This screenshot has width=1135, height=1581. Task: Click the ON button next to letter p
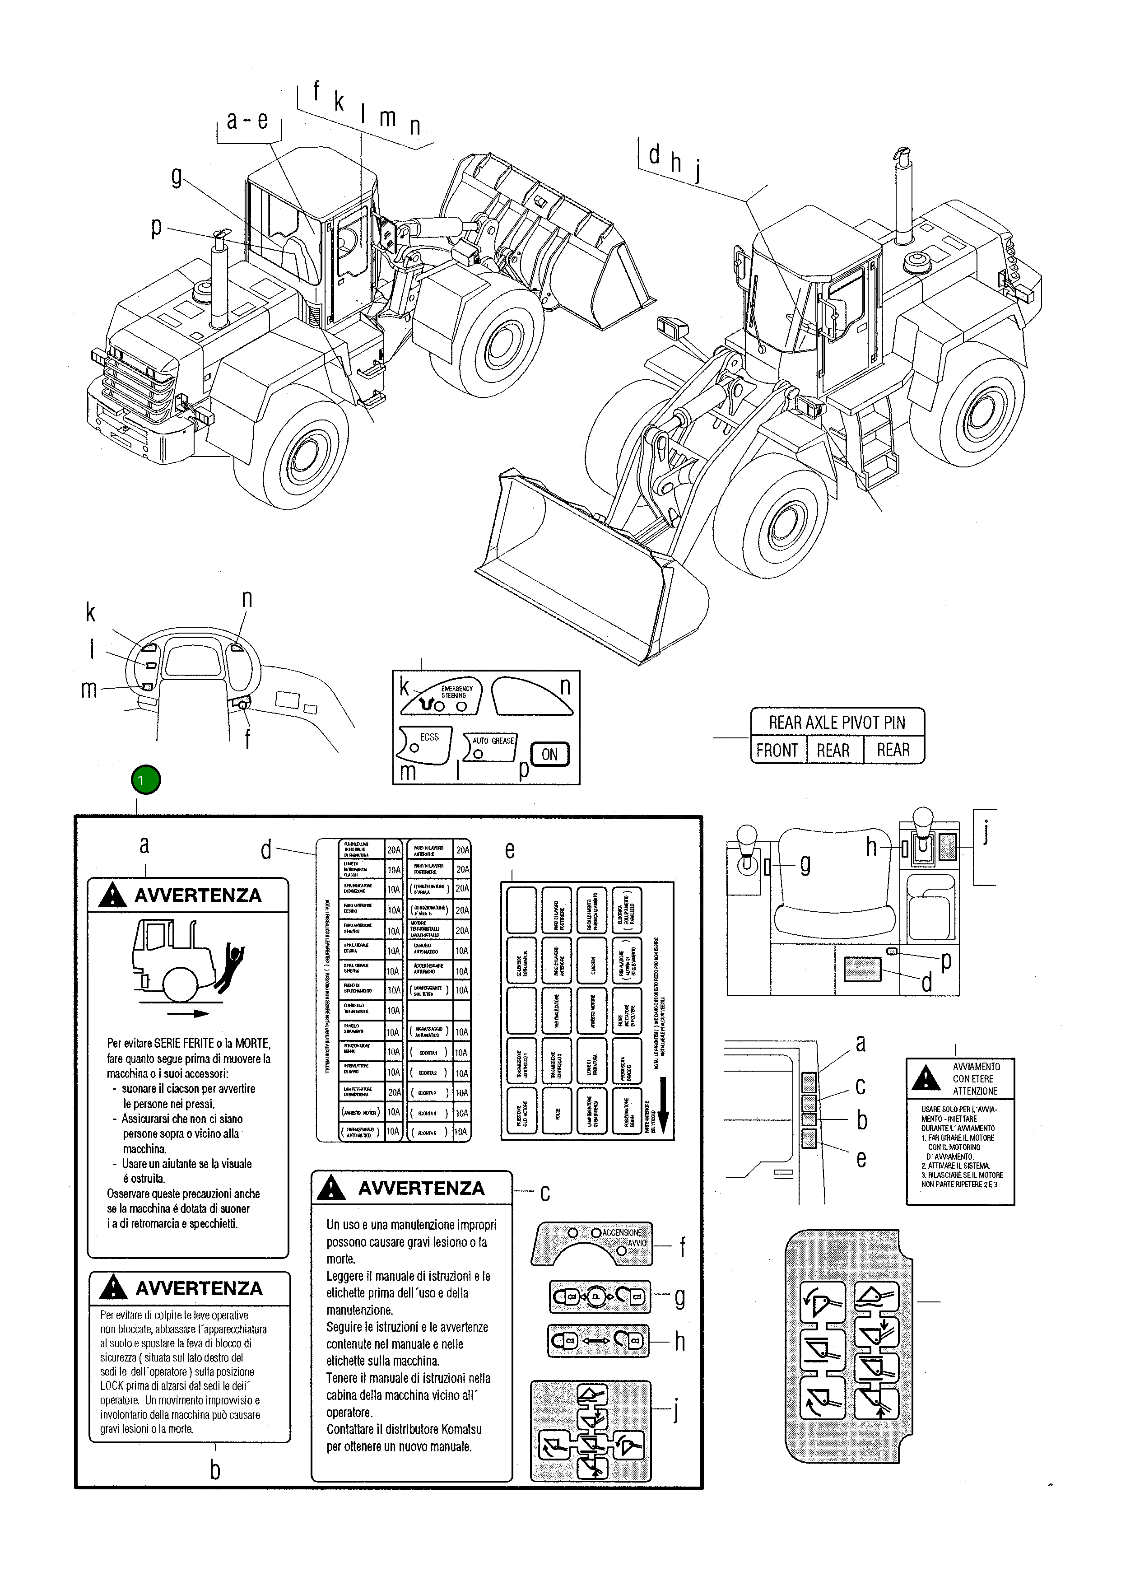click(550, 754)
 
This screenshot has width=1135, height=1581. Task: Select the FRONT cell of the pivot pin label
click(777, 750)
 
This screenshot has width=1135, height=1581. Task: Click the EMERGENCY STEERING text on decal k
click(456, 691)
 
